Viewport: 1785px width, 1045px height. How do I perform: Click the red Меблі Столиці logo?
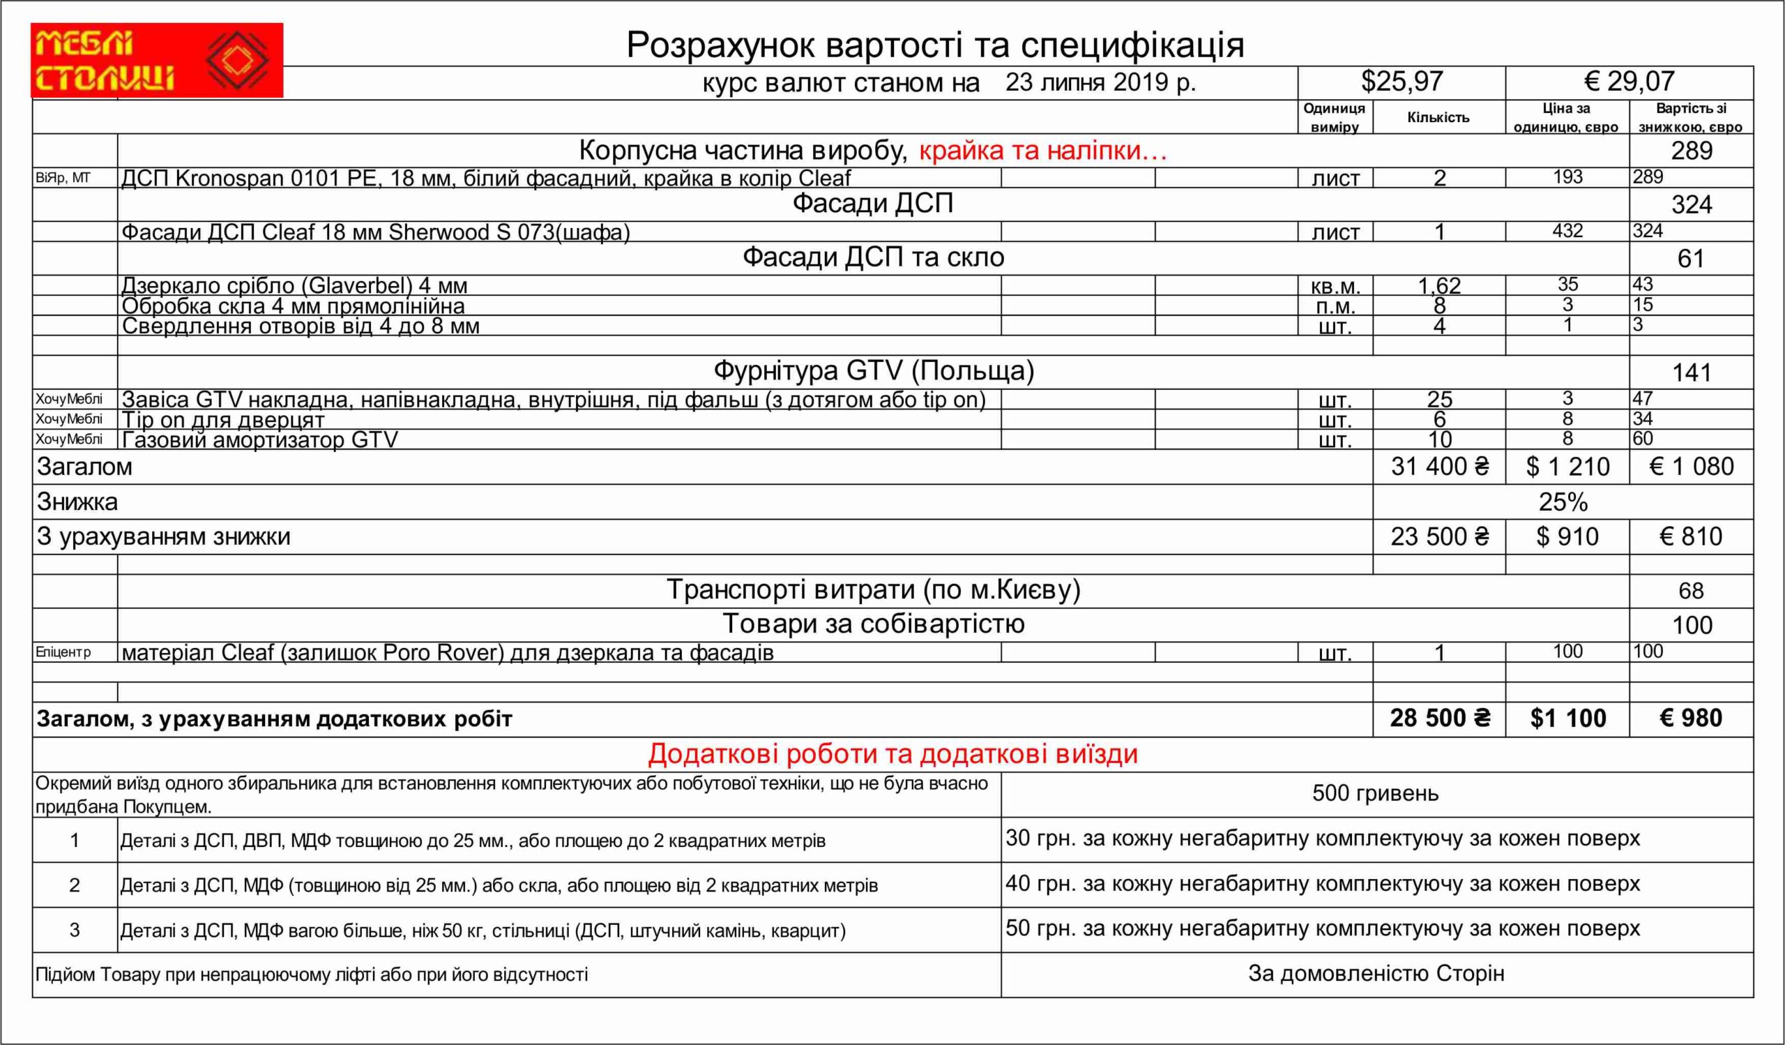pyautogui.click(x=157, y=60)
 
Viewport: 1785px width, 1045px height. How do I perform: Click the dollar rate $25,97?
pyautogui.click(x=1401, y=82)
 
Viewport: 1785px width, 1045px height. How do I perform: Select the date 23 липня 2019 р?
pyautogui.click(x=1100, y=83)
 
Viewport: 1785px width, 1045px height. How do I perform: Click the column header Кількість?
pyautogui.click(x=1438, y=118)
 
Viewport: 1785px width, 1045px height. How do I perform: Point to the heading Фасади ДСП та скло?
pyautogui.click(x=873, y=258)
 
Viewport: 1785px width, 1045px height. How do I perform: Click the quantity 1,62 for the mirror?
pyautogui.click(x=1438, y=285)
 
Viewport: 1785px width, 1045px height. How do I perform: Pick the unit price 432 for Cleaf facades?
pyautogui.click(x=1567, y=232)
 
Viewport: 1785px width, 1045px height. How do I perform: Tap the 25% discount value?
pyautogui.click(x=1563, y=502)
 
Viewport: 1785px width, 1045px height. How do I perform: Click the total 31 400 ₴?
pyautogui.click(x=1438, y=467)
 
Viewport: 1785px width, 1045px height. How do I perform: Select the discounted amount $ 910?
pyautogui.click(x=1567, y=537)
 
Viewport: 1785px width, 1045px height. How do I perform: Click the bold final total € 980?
pyautogui.click(x=1690, y=719)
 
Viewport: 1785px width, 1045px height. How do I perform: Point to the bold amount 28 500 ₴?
pyautogui.click(x=1438, y=719)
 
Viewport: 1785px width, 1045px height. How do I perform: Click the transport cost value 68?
pyautogui.click(x=1691, y=591)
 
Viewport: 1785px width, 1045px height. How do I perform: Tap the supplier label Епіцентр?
pyautogui.click(x=63, y=652)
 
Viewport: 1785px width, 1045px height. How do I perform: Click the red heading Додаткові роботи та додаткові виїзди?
pyautogui.click(x=892, y=755)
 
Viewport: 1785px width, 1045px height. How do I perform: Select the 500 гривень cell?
pyautogui.click(x=1376, y=793)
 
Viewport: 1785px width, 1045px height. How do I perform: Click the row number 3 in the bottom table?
pyautogui.click(x=75, y=929)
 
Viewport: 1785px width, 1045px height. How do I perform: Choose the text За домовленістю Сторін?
pyautogui.click(x=1376, y=974)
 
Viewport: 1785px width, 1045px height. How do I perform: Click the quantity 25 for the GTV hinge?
pyautogui.click(x=1438, y=400)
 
